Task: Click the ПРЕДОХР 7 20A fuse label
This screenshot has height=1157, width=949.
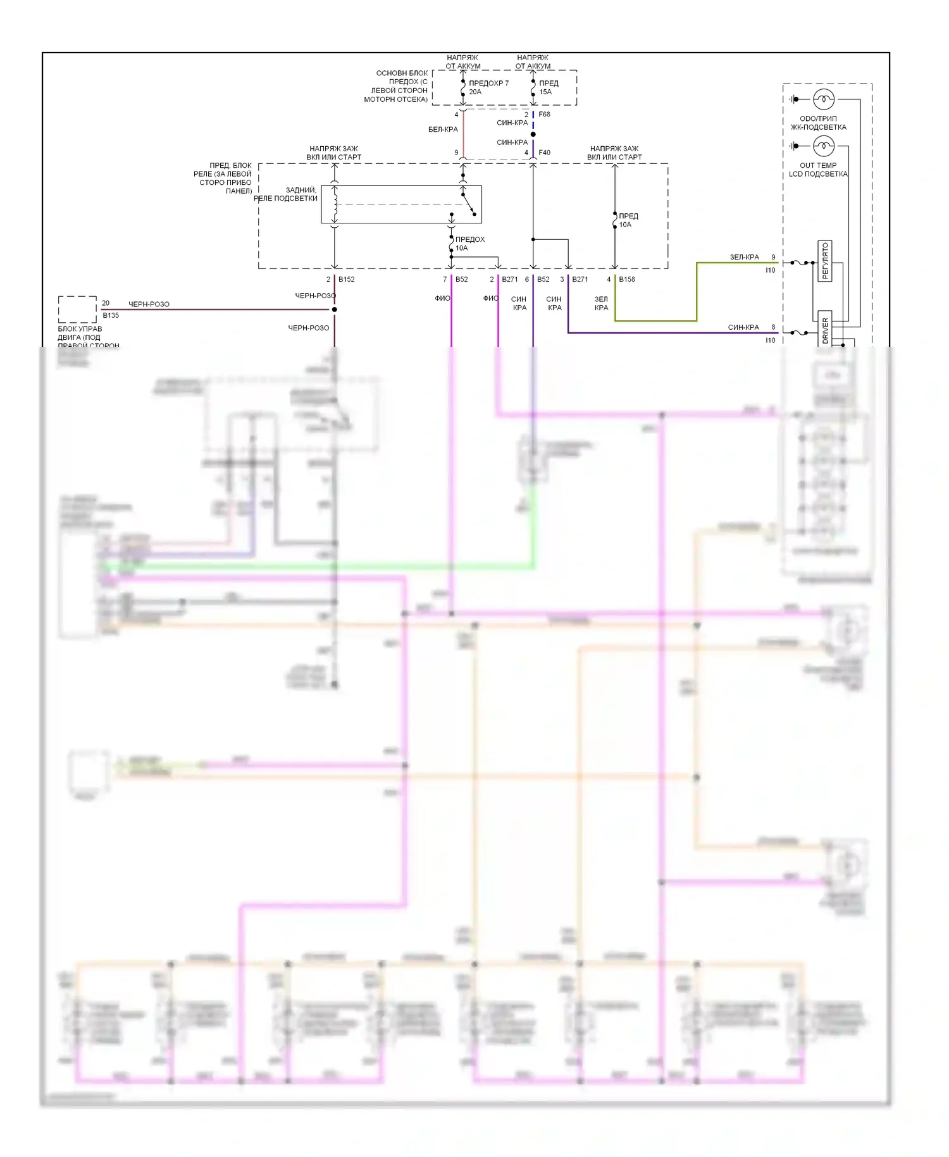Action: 488,87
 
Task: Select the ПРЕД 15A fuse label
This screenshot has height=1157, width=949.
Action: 549,87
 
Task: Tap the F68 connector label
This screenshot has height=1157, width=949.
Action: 544,115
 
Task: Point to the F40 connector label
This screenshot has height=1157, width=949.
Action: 544,153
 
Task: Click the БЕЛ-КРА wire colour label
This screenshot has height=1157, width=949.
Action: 443,129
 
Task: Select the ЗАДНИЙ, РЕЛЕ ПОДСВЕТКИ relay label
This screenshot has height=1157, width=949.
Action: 288,194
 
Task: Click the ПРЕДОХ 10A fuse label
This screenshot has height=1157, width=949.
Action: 469,244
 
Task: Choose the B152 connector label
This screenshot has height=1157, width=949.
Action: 346,279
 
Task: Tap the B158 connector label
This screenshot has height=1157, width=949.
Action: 626,279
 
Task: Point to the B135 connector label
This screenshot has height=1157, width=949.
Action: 111,315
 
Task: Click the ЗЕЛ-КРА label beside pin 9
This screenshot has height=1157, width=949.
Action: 744,257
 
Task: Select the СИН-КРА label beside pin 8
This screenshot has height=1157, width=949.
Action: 743,327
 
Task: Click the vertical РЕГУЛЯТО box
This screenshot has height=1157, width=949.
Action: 824,261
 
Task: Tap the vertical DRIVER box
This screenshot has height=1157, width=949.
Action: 825,329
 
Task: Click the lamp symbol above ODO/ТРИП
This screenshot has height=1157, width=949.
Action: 824,99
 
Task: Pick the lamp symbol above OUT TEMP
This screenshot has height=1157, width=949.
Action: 824,146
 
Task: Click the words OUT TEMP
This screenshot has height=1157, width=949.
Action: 817,165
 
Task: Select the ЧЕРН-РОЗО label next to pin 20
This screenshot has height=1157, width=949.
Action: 149,304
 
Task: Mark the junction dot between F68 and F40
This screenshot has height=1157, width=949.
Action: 533,134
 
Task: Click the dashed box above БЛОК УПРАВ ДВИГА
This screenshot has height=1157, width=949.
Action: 77,310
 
